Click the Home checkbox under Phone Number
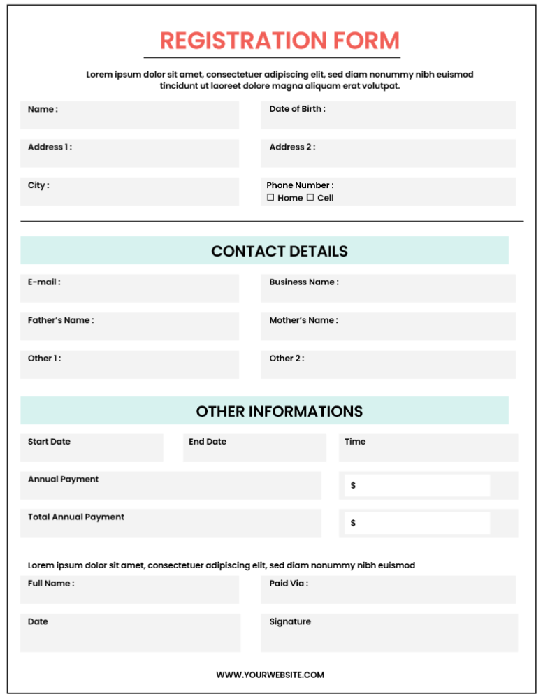(x=270, y=198)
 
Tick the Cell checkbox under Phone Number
(x=310, y=198)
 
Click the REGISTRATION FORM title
(x=280, y=41)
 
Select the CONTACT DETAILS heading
(x=279, y=251)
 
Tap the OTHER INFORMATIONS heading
(x=279, y=411)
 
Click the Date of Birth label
(x=297, y=109)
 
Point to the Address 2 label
(x=292, y=147)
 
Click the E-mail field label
(x=44, y=282)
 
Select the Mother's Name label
(x=303, y=320)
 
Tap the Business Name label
(x=304, y=282)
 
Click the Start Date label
(x=49, y=442)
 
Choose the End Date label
(x=208, y=442)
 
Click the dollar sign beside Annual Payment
(x=353, y=485)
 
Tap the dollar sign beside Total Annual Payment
(x=353, y=523)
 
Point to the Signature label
(x=290, y=622)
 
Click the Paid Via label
(x=289, y=584)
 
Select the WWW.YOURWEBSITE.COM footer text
(x=270, y=675)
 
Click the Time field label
(x=355, y=442)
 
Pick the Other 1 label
(x=44, y=359)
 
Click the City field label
(x=38, y=186)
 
